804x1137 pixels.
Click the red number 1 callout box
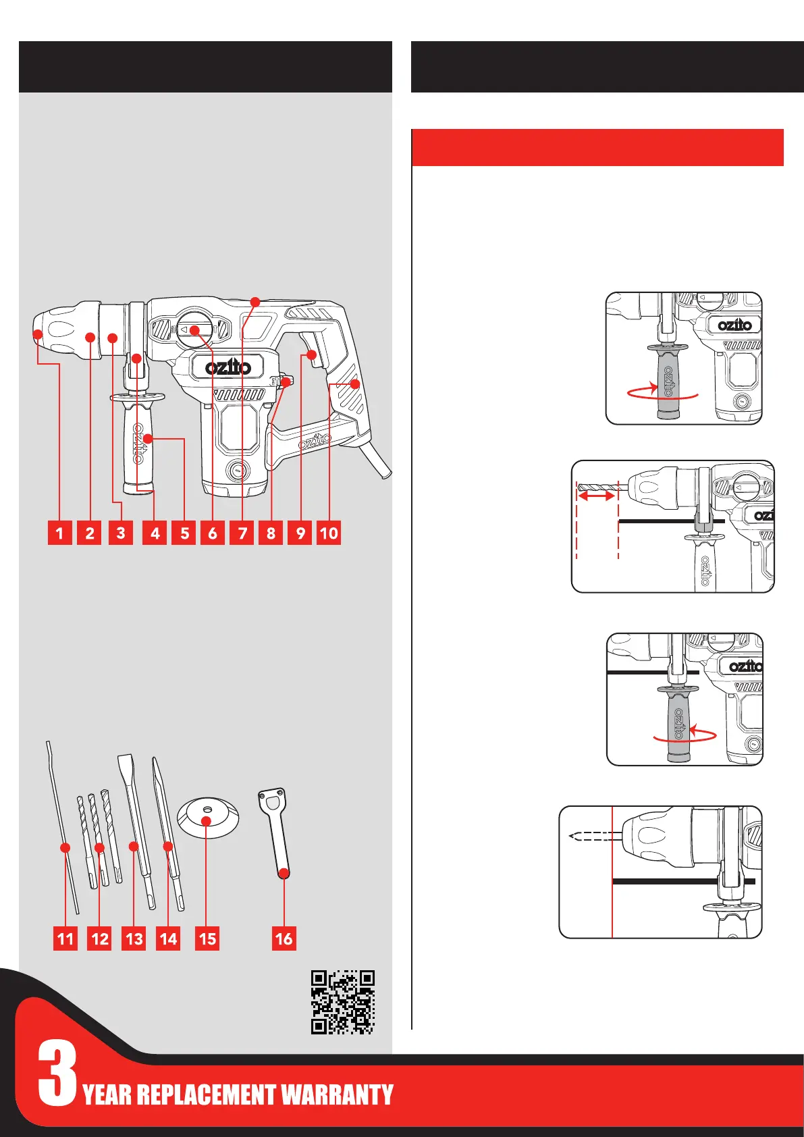point(59,533)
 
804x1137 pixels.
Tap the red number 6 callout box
point(213,533)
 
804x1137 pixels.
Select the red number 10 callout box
point(329,533)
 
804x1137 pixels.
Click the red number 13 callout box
point(134,938)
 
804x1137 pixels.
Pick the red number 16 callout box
point(284,938)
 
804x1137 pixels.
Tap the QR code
point(342,1002)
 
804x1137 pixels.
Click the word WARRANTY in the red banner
point(337,1094)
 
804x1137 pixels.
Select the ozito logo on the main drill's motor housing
point(228,367)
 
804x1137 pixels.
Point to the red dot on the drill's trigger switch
point(312,354)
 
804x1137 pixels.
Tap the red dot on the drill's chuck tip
point(38,334)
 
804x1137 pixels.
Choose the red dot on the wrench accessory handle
point(284,873)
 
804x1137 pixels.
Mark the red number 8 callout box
point(271,533)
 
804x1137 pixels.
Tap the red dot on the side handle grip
point(146,440)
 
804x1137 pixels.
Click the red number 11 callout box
point(65,938)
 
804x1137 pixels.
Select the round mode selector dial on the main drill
point(195,329)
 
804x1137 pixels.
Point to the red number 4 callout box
point(155,533)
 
